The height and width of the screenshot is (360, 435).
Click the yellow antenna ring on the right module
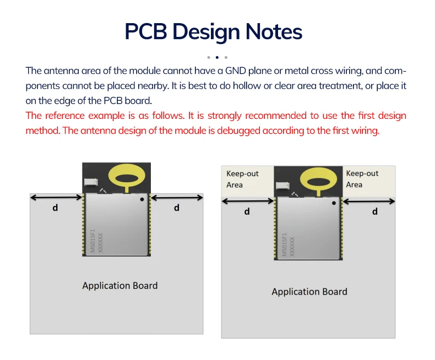(318, 179)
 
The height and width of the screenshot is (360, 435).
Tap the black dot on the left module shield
(142, 199)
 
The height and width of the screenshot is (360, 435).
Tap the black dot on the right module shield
(333, 203)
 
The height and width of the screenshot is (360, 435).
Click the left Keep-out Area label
(242, 179)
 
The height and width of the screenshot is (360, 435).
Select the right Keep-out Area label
(362, 179)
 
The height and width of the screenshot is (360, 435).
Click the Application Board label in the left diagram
(120, 286)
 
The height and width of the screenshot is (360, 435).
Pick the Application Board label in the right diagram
(309, 292)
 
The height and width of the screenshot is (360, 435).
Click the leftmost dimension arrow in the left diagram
(56, 198)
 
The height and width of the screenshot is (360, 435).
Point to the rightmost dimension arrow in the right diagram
(369, 201)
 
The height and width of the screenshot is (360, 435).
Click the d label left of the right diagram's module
(247, 211)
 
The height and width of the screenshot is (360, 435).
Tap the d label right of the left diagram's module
(176, 208)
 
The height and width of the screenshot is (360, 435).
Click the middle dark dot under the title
(217, 57)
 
